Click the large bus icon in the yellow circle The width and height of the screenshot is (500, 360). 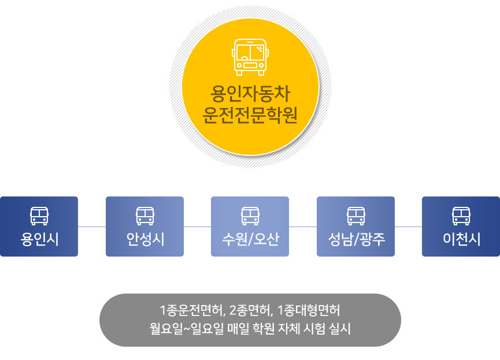(250, 57)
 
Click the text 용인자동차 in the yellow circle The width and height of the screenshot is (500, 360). (250, 94)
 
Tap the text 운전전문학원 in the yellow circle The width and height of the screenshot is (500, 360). (250, 115)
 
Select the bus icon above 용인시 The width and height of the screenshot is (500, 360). (39, 216)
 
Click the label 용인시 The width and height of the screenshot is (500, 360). (39, 239)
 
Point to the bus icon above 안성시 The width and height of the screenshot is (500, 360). (145, 216)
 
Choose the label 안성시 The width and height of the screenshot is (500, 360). (145, 239)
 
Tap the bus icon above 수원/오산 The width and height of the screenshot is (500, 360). (250, 216)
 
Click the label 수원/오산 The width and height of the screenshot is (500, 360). (250, 239)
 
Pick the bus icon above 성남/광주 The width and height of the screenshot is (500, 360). (356, 216)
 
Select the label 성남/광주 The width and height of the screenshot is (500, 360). (356, 239)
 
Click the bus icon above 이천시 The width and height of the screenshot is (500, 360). (461, 216)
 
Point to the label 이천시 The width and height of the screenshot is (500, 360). (461, 239)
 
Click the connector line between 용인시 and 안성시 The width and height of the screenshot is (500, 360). (92, 227)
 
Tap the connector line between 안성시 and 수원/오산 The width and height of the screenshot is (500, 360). (197, 227)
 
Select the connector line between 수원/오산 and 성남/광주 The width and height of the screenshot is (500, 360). (303, 227)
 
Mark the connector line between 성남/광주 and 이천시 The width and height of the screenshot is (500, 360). (409, 227)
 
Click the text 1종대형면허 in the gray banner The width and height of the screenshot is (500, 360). (309, 310)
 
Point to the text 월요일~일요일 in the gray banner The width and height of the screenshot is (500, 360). (187, 328)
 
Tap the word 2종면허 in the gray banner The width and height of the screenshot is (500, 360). (251, 310)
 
